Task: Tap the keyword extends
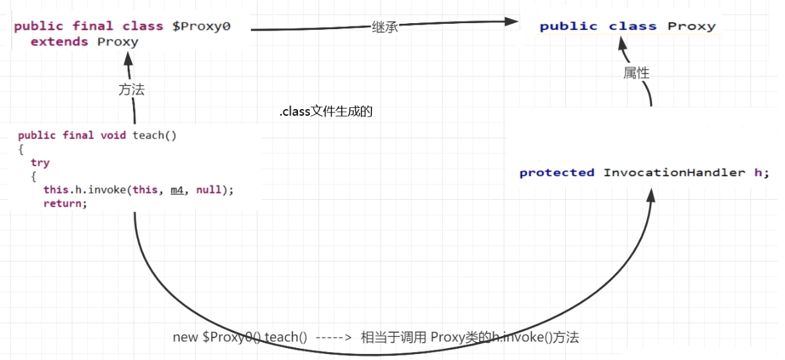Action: (x=59, y=42)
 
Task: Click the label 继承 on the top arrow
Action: (x=385, y=28)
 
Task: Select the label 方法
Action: (x=132, y=91)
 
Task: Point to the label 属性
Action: (x=637, y=73)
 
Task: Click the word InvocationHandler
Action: (x=674, y=173)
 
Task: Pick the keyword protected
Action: (x=557, y=173)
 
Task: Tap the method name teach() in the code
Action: (x=155, y=135)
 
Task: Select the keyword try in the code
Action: (x=40, y=162)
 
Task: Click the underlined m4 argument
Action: (x=177, y=190)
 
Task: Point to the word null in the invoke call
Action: (x=208, y=190)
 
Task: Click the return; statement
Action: (x=65, y=203)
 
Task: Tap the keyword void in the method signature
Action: (x=114, y=135)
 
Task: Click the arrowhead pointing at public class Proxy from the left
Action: (x=510, y=21)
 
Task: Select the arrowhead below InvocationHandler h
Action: (x=651, y=195)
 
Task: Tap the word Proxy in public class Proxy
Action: (x=691, y=26)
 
